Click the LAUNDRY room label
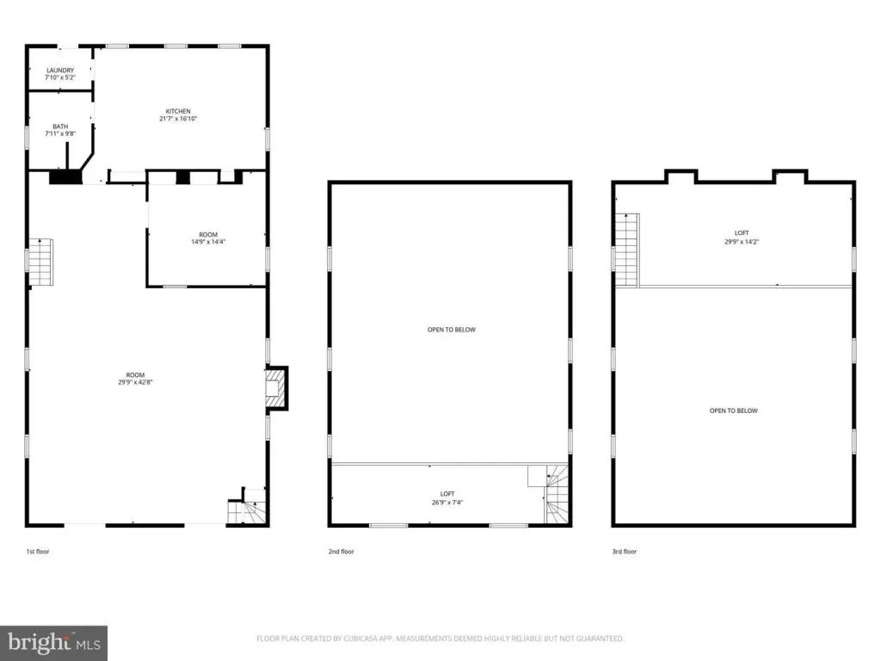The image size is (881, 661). point(59,71)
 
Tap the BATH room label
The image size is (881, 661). point(59,127)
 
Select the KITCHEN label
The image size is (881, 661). point(178,111)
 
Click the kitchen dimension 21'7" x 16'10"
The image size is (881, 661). point(178,119)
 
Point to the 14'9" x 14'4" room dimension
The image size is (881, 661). point(208,242)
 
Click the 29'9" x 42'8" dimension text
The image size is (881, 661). point(135,382)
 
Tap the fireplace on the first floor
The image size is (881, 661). point(275,388)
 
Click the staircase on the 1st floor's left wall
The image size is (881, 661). point(40,263)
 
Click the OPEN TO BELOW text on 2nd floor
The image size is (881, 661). point(451,330)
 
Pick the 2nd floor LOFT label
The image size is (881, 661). point(447,494)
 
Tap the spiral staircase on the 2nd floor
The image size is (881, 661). point(557,494)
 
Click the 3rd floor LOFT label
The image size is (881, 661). point(741,233)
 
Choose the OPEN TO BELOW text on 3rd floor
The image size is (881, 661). point(733,411)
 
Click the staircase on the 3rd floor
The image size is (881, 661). point(626,250)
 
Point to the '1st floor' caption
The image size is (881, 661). point(38,552)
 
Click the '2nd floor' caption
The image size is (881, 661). point(341,552)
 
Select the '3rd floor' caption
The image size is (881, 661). point(625,552)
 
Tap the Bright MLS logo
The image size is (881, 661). point(53,642)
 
